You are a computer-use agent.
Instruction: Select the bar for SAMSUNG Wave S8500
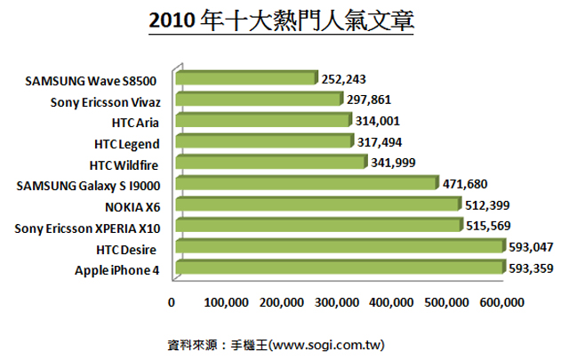coord(247,79)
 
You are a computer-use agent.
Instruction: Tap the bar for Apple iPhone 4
coord(341,268)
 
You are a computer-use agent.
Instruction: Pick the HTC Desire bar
coord(341,247)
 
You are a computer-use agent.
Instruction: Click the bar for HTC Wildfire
coord(271,163)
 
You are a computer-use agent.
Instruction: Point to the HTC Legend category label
coord(126,142)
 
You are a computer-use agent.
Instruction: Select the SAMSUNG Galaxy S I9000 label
coord(88,185)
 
